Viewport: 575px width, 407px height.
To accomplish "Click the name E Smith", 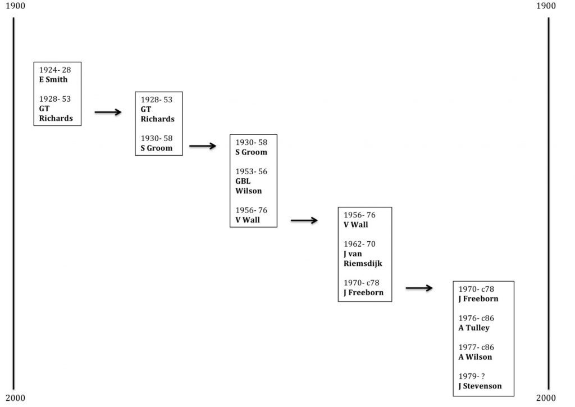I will [x=53, y=80].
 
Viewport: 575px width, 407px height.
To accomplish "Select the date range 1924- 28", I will [x=55, y=70].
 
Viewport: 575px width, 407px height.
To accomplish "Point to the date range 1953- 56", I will [x=251, y=171].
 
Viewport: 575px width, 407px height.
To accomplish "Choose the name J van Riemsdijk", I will [x=362, y=259].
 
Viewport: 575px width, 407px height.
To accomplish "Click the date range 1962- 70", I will [x=359, y=244].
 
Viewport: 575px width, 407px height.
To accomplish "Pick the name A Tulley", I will [x=474, y=328].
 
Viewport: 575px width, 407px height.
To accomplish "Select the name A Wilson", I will [x=475, y=357].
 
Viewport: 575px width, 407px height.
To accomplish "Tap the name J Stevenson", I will [x=480, y=386].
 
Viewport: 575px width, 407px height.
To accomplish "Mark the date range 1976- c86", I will [x=476, y=318].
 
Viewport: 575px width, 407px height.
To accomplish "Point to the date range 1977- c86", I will [x=476, y=347].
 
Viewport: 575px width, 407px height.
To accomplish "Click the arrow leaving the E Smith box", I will [x=108, y=112].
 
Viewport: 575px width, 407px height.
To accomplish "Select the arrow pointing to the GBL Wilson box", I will [x=203, y=146].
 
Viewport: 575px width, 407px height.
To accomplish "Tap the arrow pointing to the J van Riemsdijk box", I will [x=304, y=221].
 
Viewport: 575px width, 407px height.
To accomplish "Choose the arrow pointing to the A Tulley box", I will [x=419, y=288].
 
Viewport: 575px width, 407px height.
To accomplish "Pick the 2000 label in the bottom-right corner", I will [x=546, y=399].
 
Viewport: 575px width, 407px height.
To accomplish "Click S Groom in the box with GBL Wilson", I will [x=251, y=152].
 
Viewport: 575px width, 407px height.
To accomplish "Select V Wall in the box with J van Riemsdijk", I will [x=356, y=225].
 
